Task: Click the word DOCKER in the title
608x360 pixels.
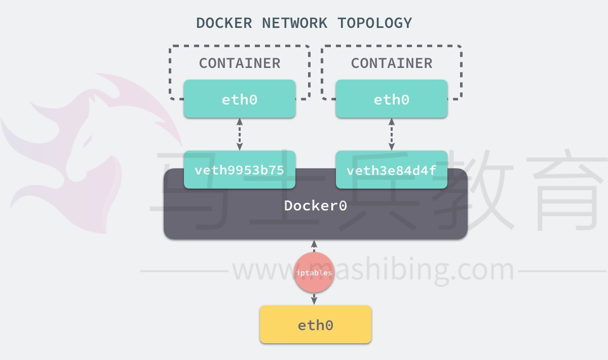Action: pos(224,23)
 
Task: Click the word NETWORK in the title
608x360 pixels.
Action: pos(294,23)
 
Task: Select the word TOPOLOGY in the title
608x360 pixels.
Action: pos(375,23)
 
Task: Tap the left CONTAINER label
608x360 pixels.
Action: pos(240,63)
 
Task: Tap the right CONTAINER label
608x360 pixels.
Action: pos(392,63)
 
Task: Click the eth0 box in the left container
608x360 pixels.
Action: pos(240,99)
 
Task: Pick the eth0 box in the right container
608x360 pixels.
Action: pos(392,99)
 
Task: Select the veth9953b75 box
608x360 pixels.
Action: pos(240,169)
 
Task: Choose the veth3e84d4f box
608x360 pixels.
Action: pos(392,169)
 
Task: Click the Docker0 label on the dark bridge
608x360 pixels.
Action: pos(315,206)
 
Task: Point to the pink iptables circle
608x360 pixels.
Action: pos(314,272)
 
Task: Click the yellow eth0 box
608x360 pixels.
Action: pos(315,325)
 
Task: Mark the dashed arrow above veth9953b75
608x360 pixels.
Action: pos(240,134)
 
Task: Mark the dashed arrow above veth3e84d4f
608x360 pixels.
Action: pos(392,134)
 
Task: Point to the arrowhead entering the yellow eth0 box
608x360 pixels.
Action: pos(314,301)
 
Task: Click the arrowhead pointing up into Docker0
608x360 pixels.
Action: pos(314,244)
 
